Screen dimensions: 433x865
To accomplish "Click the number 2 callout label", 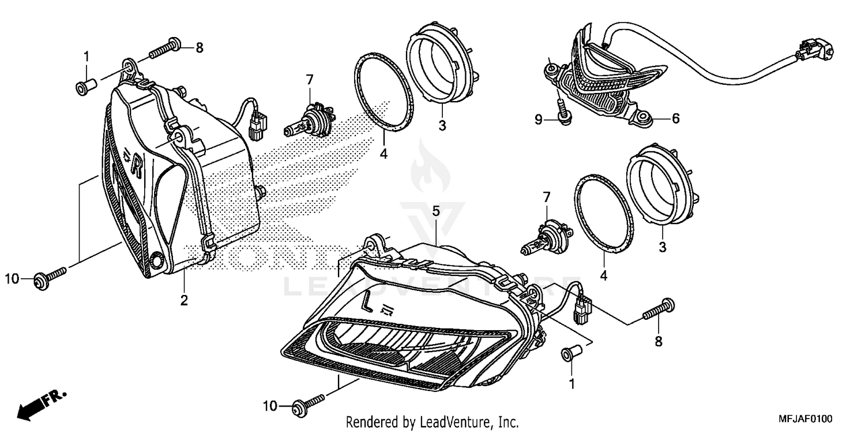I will pyautogui.click(x=184, y=300).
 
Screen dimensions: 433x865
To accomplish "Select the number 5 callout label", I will pyautogui.click(x=436, y=211).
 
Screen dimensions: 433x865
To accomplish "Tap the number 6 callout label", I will pyautogui.click(x=675, y=118).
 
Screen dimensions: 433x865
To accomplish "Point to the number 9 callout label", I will pyautogui.click(x=538, y=120).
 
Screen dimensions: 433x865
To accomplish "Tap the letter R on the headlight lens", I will pyautogui.click(x=136, y=165).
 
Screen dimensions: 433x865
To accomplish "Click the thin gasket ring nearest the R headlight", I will pyautogui.click(x=383, y=92).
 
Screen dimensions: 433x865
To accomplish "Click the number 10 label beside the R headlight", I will pyautogui.click(x=13, y=279).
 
